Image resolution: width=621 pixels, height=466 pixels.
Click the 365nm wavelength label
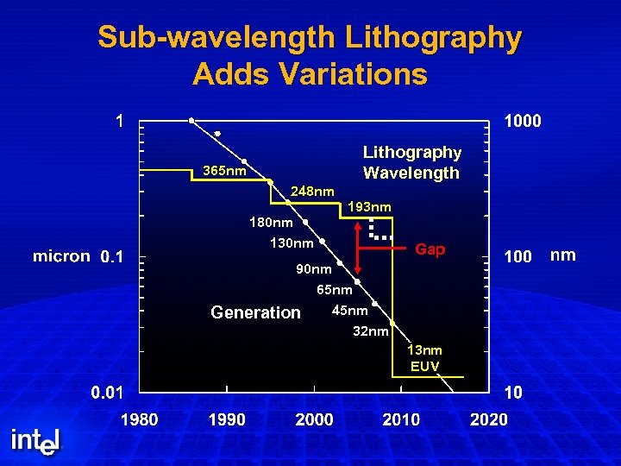click(x=224, y=171)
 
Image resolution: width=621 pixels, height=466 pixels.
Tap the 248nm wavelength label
click(x=312, y=191)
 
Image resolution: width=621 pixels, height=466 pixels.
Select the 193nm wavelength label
click(x=369, y=207)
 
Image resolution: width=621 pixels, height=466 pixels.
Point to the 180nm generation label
click(x=271, y=224)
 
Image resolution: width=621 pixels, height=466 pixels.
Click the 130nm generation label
click(x=292, y=243)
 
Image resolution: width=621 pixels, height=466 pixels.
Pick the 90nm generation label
click(x=313, y=269)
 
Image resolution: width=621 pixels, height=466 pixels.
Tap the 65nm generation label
click(x=335, y=290)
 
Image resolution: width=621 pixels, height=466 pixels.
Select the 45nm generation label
click(x=350, y=311)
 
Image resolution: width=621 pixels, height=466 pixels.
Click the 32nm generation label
click(x=371, y=331)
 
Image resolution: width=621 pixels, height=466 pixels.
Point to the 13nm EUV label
click(x=424, y=358)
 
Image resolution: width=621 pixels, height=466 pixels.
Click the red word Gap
click(x=430, y=249)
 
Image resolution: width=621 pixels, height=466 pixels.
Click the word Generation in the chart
click(x=255, y=312)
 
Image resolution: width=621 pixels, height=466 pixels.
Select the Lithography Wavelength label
click(x=411, y=162)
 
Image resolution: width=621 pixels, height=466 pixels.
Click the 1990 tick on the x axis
click(x=227, y=419)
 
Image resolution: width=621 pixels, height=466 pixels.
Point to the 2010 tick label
click(x=401, y=419)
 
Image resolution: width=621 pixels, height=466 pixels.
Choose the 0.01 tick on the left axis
click(x=108, y=393)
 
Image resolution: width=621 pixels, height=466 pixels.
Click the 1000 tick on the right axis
click(x=523, y=121)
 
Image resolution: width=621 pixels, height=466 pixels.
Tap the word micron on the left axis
click(x=61, y=256)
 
